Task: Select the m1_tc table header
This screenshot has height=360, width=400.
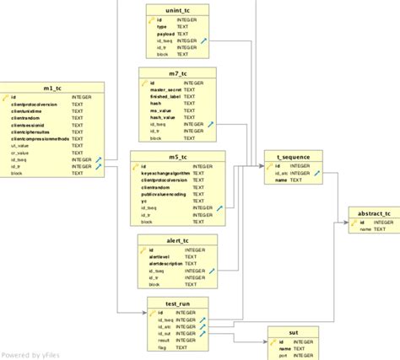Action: coord(52,87)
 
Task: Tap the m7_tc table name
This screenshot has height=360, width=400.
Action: coord(178,74)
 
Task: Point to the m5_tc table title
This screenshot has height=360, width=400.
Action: coord(178,157)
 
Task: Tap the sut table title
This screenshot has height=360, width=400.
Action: coord(293,332)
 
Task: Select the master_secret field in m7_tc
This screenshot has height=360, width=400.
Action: coord(166,91)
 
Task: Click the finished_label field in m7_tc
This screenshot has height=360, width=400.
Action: coord(165,98)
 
